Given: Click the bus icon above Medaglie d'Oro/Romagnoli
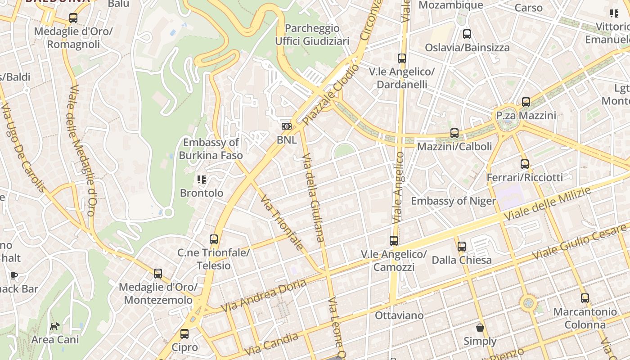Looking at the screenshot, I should [73, 18].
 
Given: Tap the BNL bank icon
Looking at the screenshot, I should [287, 126].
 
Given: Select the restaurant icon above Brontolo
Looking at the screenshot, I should [202, 180].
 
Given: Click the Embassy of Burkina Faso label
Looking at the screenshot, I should [211, 149].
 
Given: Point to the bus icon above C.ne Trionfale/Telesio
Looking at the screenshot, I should [214, 239].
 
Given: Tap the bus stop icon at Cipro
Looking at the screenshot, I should [184, 334].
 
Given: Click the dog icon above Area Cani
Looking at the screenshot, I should [54, 326].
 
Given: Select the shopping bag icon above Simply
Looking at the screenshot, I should [480, 328].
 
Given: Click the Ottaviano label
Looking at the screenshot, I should [399, 315].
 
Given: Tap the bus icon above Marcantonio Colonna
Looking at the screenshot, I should [585, 298].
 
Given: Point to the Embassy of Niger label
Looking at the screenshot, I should [453, 201].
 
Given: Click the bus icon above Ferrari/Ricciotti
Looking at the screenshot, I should [524, 164].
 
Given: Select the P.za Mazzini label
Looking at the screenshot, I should [526, 116].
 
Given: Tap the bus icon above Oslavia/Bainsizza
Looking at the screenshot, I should [467, 34].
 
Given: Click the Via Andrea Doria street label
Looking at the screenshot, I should [265, 296].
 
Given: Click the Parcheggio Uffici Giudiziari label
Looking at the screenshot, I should [312, 35].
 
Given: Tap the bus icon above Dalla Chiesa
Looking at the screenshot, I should [461, 246].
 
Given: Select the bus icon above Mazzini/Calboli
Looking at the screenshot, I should [454, 133].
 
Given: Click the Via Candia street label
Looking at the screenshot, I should [271, 344].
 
